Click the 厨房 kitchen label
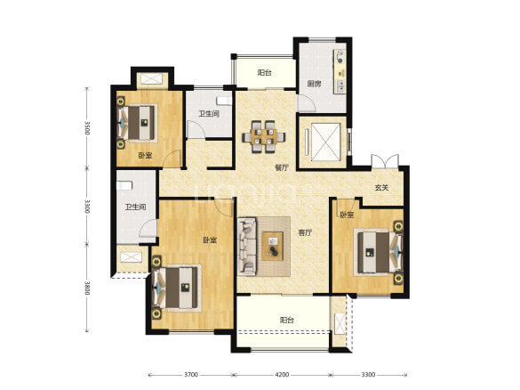314,84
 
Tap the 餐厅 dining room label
282,167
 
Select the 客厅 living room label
305,232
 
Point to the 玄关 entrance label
381,188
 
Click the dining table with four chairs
264,136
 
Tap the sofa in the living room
247,246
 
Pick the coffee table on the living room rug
273,246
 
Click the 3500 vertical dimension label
87,127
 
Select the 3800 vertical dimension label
87,288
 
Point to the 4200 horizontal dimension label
282,375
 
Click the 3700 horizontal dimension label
191,375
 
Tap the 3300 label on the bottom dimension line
368,375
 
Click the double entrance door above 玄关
385,161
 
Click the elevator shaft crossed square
326,142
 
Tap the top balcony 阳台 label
264,73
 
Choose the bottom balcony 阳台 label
287,321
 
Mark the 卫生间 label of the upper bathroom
209,114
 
